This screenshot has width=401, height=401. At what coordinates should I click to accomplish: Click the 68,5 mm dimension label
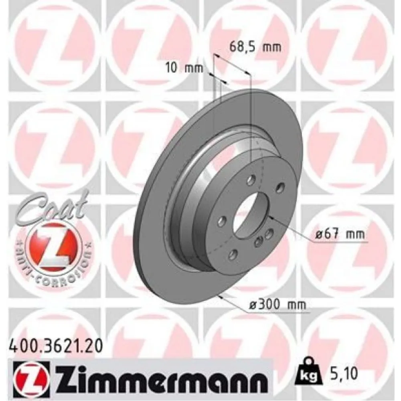point(255,47)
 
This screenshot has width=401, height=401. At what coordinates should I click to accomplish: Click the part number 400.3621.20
point(54,344)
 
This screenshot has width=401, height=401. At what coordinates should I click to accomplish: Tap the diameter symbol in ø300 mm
point(253,306)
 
